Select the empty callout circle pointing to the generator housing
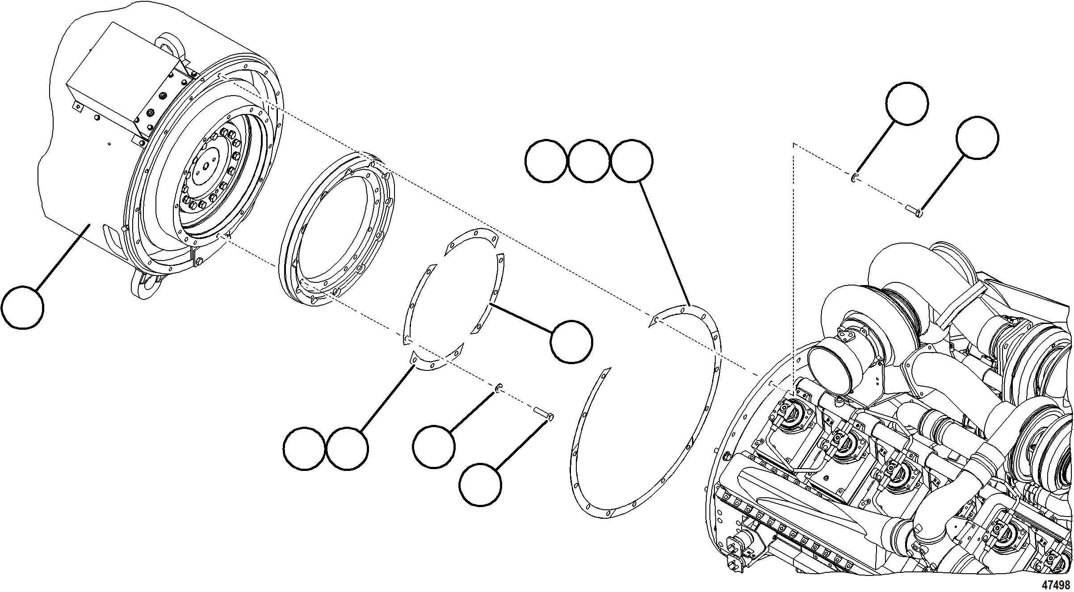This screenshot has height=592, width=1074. (x=22, y=308)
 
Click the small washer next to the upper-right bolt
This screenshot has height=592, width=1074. (x=853, y=178)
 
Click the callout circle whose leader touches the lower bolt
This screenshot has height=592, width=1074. (x=480, y=485)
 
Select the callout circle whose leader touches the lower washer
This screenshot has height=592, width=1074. (x=433, y=447)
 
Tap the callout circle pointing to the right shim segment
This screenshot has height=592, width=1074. (x=571, y=342)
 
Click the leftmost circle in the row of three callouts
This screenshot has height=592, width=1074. (x=545, y=161)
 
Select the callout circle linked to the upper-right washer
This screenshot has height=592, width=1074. (x=907, y=103)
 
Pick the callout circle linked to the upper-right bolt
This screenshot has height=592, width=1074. (x=977, y=138)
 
